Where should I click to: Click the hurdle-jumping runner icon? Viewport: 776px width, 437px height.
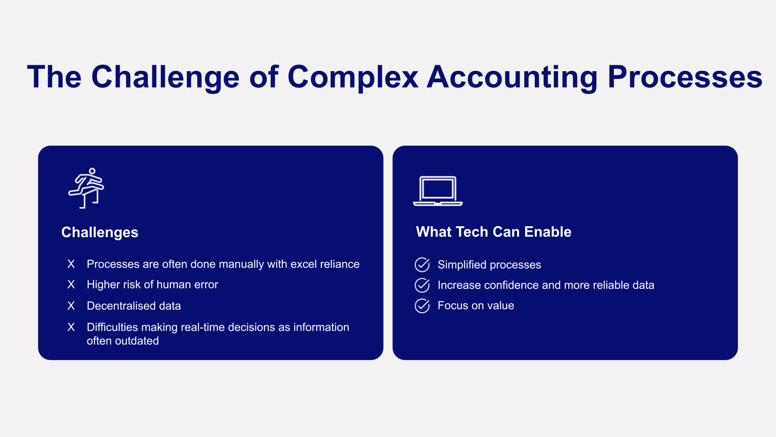click(86, 188)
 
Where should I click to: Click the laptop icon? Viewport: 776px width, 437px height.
click(438, 191)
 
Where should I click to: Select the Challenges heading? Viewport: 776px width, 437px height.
click(100, 232)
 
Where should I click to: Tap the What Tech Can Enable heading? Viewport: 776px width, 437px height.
click(493, 232)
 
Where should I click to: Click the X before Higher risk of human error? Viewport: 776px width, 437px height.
click(71, 284)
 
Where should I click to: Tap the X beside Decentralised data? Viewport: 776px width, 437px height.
click(71, 306)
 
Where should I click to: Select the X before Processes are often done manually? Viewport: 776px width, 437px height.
click(71, 264)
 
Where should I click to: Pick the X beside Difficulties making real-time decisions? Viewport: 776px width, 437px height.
click(71, 327)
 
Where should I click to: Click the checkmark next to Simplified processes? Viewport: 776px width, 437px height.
click(422, 265)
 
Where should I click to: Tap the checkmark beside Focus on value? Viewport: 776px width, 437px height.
click(422, 306)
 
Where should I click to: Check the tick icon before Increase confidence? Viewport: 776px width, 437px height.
click(422, 285)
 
